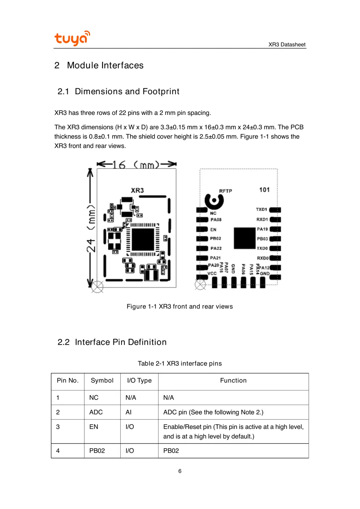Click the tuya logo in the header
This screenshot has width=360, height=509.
(x=72, y=38)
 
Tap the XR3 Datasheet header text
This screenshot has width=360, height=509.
(x=287, y=44)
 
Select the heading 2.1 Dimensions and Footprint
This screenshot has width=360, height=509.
(x=118, y=91)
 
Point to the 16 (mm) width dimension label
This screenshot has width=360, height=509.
(x=136, y=165)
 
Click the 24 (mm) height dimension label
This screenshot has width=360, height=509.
(x=91, y=228)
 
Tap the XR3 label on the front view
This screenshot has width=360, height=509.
(x=137, y=190)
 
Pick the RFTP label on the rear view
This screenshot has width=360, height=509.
(x=225, y=191)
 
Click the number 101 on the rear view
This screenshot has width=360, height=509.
(x=264, y=189)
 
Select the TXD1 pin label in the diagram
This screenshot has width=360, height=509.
(x=261, y=209)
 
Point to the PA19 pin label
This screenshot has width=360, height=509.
(x=262, y=229)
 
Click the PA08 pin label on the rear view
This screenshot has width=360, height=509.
(x=216, y=220)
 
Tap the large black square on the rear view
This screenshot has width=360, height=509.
(x=244, y=238)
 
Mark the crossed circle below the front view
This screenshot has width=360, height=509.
(x=97, y=287)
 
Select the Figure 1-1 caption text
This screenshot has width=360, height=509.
(x=180, y=306)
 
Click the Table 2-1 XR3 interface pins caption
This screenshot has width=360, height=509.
(x=180, y=364)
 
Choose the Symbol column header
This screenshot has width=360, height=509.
(x=102, y=380)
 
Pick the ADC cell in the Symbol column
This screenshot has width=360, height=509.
(x=96, y=412)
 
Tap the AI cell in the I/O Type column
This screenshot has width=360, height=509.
(x=128, y=412)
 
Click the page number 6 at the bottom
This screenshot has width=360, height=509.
(x=180, y=471)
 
